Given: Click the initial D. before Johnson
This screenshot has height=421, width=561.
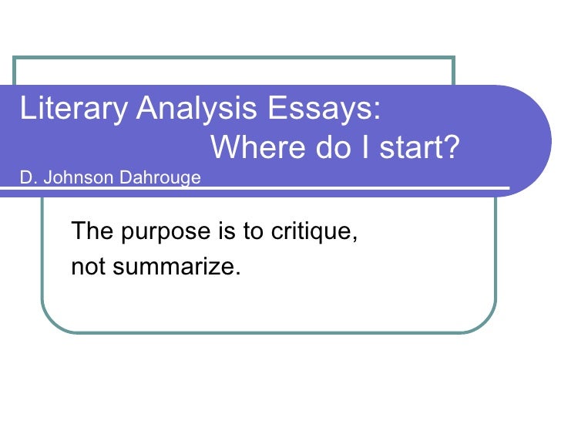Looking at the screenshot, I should pos(28,179).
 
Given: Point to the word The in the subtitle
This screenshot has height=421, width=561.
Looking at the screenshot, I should pos(87,231).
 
